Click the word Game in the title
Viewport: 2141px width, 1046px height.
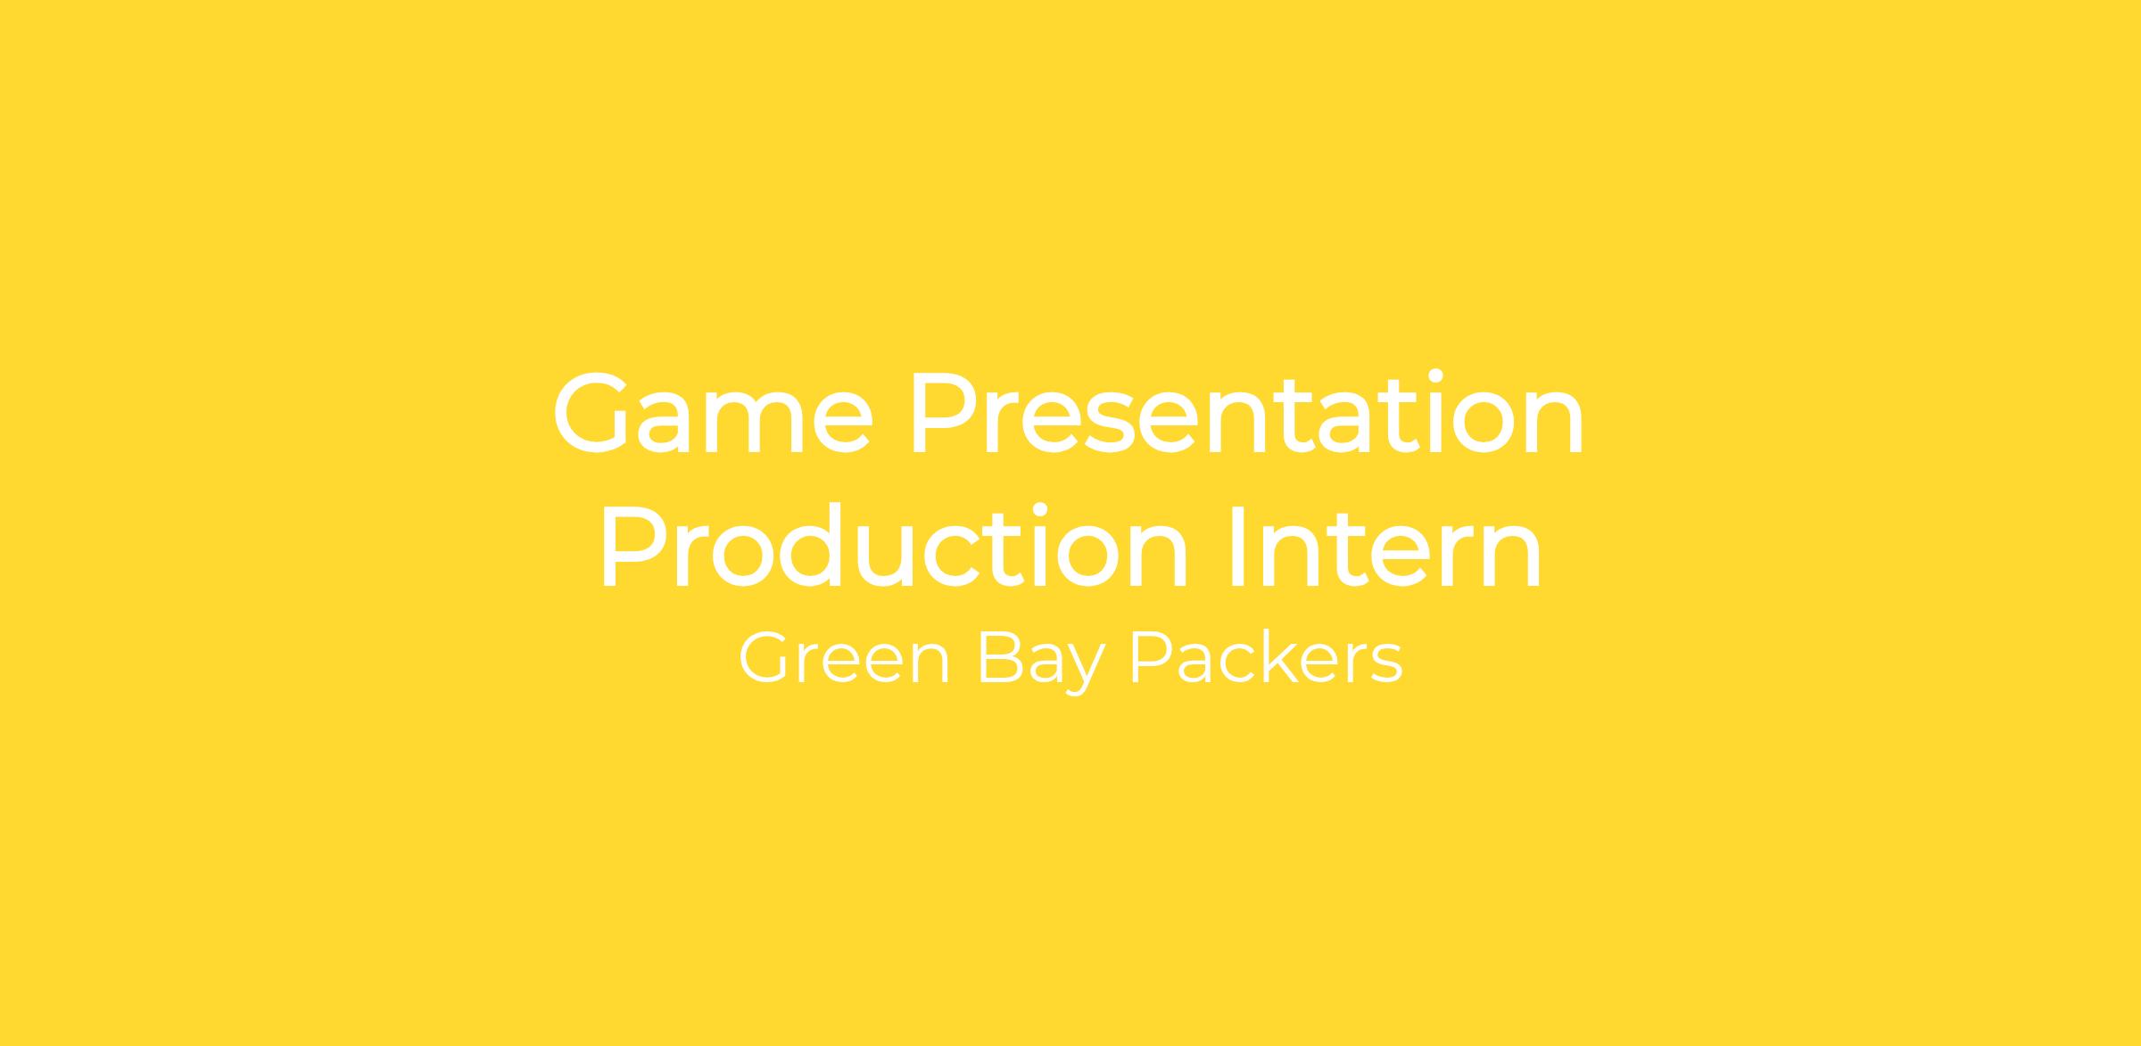pyautogui.click(x=713, y=413)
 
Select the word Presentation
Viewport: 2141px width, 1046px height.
pyautogui.click(x=1247, y=413)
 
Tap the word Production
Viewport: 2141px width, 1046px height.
pyautogui.click(x=895, y=547)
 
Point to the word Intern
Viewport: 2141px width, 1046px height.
pyautogui.click(x=1385, y=547)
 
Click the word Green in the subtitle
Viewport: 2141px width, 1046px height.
pyautogui.click(x=843, y=659)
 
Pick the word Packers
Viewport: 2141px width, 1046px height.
pyautogui.click(x=1267, y=659)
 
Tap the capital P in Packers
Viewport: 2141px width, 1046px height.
pyautogui.click(x=1150, y=659)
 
